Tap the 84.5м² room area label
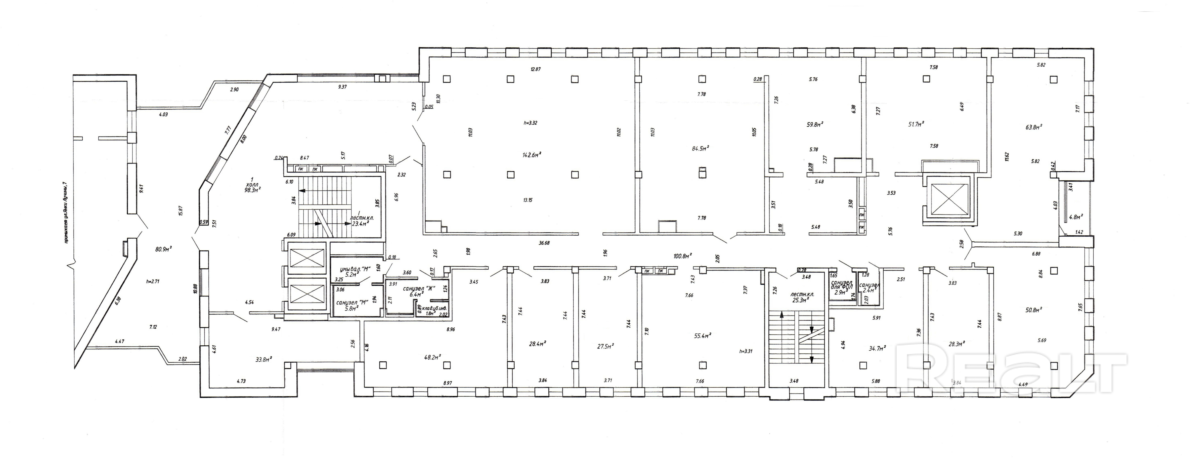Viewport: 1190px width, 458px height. (700, 148)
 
